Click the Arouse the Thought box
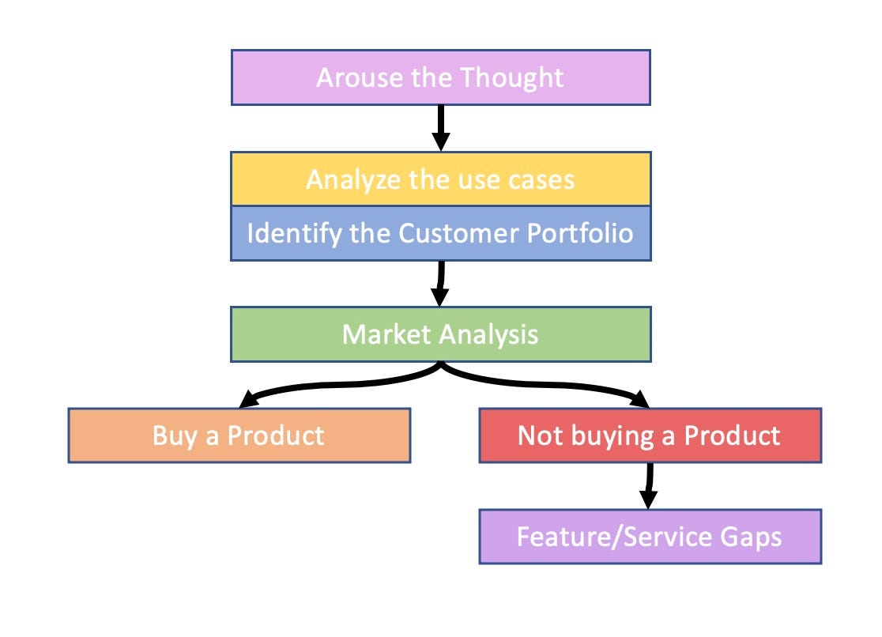tap(440, 77)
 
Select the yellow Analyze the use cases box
tap(440, 179)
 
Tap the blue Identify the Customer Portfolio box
tap(440, 234)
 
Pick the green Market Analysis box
tap(440, 334)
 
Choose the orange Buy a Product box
tap(239, 435)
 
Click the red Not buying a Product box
tap(650, 435)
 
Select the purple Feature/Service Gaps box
tap(650, 537)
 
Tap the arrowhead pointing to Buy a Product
tap(242, 399)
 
